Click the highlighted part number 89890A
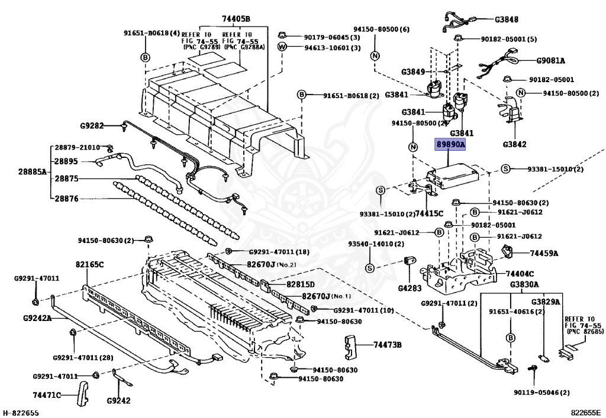(x=450, y=144)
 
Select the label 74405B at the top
(x=236, y=18)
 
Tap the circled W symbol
(x=282, y=47)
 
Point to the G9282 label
(x=92, y=125)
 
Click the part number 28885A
(x=32, y=171)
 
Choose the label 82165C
(x=89, y=265)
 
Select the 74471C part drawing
(x=82, y=394)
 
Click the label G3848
(x=507, y=20)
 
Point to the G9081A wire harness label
(x=550, y=60)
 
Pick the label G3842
(x=514, y=144)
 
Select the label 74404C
(x=520, y=274)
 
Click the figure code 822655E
(x=586, y=413)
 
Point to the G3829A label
(x=545, y=302)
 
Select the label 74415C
(x=429, y=213)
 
